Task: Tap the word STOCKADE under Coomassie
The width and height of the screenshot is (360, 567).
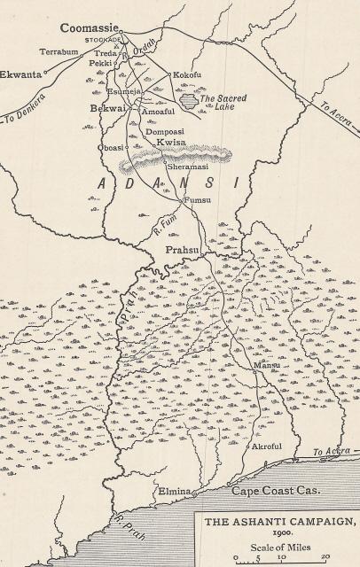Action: pyautogui.click(x=103, y=41)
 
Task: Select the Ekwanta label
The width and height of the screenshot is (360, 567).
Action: pyautogui.click(x=20, y=75)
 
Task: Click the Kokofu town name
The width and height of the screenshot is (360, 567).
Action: pyautogui.click(x=188, y=74)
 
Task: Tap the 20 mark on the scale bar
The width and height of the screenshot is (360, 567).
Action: pyautogui.click(x=325, y=557)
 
